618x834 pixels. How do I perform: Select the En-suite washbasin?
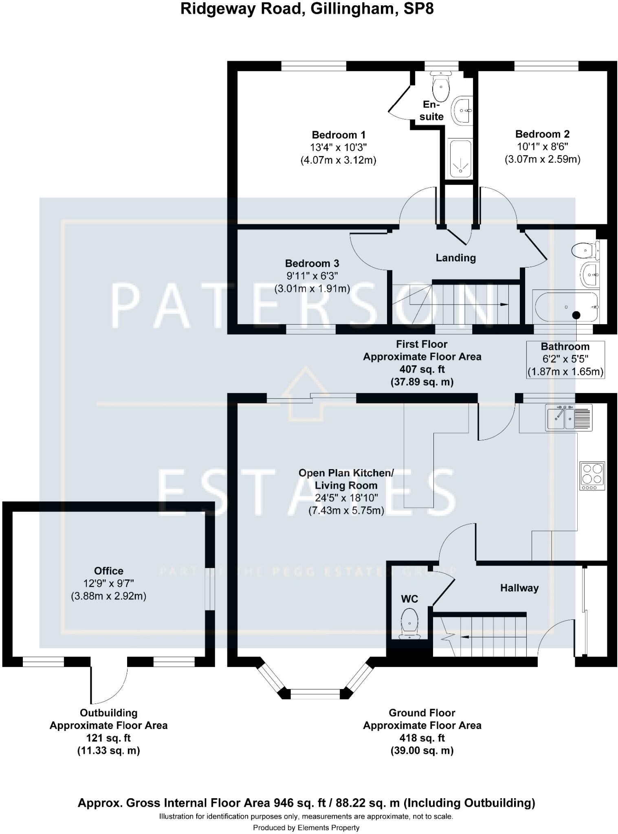(x=461, y=110)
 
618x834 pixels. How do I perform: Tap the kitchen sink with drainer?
(x=570, y=418)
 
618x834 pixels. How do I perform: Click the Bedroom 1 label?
(x=339, y=135)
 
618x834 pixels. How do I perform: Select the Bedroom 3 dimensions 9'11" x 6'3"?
(x=312, y=276)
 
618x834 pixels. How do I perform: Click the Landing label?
(x=455, y=258)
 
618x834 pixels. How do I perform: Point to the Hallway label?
(x=519, y=588)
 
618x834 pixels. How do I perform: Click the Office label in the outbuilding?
(x=108, y=571)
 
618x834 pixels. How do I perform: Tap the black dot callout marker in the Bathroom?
(x=576, y=315)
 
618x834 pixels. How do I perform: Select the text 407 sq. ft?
(x=422, y=369)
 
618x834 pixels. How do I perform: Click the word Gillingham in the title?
(x=354, y=9)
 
